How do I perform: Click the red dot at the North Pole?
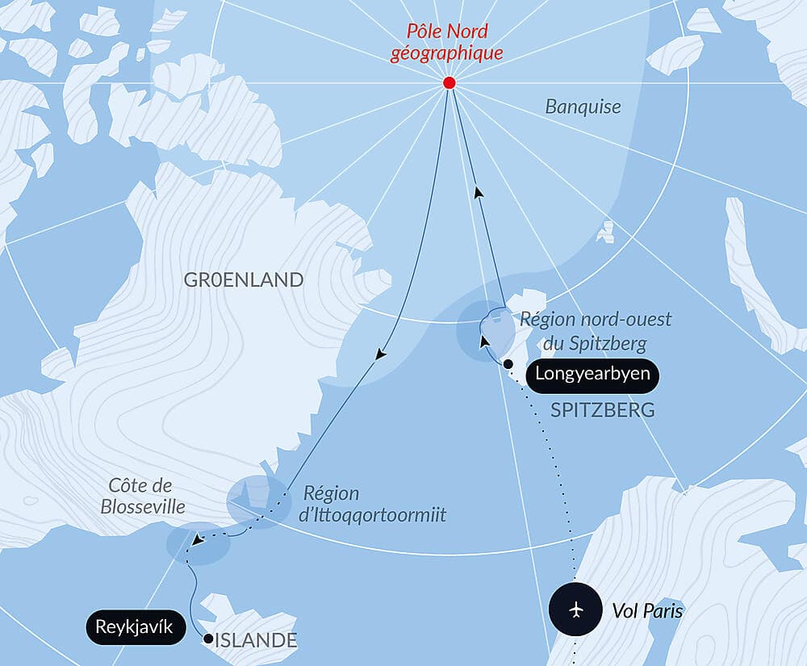[449, 83]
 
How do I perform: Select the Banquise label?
[583, 106]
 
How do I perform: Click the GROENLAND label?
[244, 280]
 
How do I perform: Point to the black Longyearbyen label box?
[592, 375]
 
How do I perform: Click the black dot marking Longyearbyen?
[508, 365]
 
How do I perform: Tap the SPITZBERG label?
[602, 410]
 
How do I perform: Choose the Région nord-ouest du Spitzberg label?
[596, 332]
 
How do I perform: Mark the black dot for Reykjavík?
[208, 639]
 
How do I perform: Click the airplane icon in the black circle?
[575, 608]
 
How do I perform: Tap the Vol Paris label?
[646, 611]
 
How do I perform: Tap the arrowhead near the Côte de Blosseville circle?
[197, 540]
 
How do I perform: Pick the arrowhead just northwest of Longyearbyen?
[484, 341]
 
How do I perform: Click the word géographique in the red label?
[447, 53]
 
